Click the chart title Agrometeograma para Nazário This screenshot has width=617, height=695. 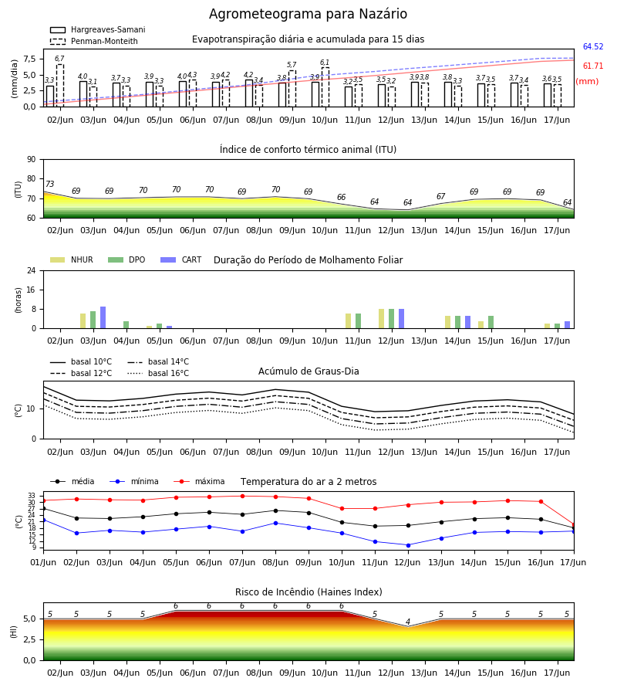[x=308, y=14]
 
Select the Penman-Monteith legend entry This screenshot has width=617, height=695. [x=94, y=41]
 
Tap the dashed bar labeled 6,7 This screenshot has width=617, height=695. [x=59, y=86]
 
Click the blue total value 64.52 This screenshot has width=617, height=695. [x=593, y=46]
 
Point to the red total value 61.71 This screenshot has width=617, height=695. [x=593, y=66]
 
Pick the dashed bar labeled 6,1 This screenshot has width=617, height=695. [x=325, y=87]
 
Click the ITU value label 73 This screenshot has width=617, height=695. [x=49, y=184]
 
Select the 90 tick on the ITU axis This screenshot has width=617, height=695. [x=32, y=160]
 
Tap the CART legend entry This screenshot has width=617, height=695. [x=181, y=259]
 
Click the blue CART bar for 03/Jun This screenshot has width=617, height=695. [x=103, y=317]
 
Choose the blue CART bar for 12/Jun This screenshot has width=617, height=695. [x=402, y=319]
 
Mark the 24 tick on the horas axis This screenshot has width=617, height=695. [x=32, y=270]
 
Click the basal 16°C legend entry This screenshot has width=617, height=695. [x=158, y=374]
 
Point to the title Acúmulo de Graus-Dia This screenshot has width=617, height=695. [x=308, y=371]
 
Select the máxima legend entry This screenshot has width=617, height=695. [x=199, y=481]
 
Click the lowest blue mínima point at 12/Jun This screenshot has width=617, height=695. [x=408, y=545]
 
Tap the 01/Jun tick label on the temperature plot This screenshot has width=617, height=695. [x=43, y=562]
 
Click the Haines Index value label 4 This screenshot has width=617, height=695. [x=408, y=622]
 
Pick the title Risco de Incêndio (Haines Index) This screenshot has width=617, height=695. [x=308, y=592]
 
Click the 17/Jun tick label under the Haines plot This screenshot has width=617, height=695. [x=557, y=673]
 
